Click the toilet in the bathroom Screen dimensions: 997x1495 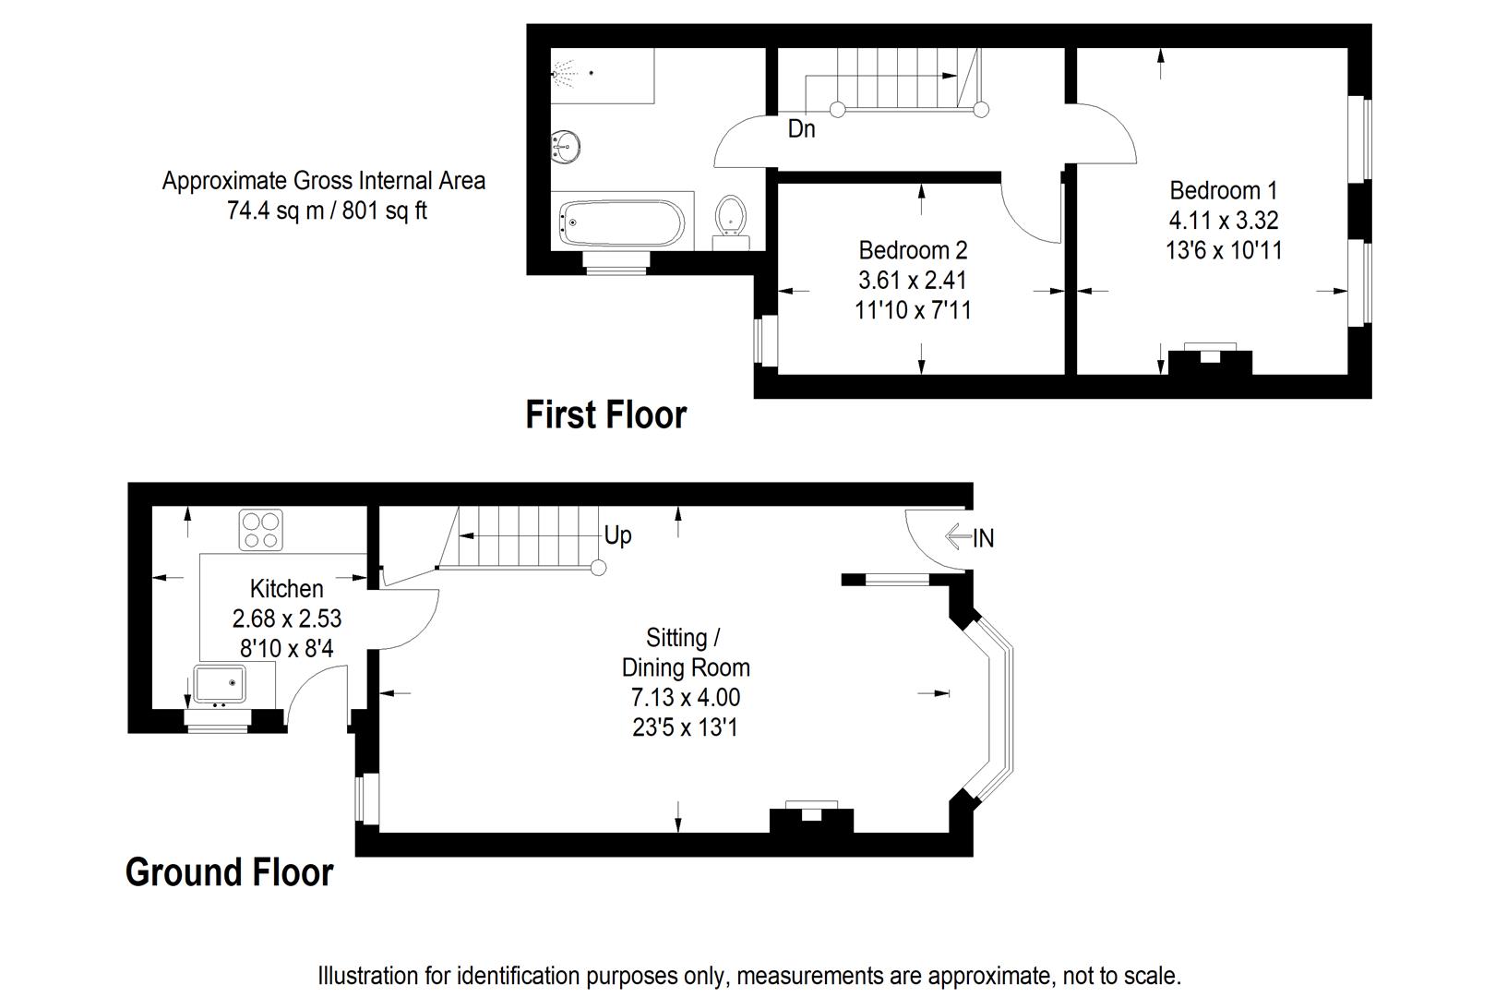731,217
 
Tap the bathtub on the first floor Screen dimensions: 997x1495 621,222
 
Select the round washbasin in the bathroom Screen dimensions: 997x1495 565,143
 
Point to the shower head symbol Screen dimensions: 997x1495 564,71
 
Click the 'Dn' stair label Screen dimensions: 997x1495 801,129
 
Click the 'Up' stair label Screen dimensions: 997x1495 617,535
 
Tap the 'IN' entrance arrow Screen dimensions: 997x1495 970,537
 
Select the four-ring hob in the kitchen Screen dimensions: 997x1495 260,529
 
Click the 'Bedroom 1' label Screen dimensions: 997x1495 1223,191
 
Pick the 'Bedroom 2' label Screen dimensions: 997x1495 913,250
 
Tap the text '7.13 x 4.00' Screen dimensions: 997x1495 685,698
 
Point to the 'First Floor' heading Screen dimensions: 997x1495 605,415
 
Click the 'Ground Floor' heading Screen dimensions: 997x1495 229,872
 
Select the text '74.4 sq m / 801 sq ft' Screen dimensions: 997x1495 327,211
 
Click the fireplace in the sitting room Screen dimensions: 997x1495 811,818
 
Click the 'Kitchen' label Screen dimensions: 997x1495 286,589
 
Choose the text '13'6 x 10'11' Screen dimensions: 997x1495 1224,250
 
